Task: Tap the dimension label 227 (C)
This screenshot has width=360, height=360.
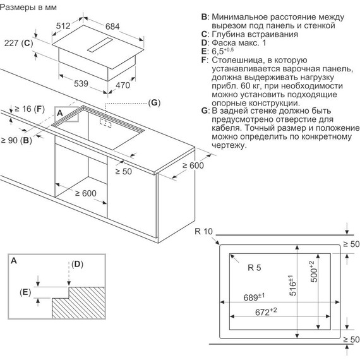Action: point(17,44)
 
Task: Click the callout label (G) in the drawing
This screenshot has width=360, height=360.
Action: point(154,102)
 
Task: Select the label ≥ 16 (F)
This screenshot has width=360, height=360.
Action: point(28,109)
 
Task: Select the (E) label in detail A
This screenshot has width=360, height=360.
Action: point(25,292)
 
